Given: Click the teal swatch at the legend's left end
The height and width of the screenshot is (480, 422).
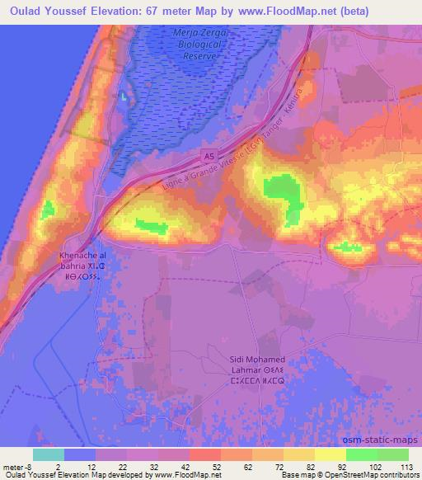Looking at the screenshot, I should point(48,454).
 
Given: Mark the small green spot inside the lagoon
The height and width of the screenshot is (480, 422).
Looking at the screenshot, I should point(124,97).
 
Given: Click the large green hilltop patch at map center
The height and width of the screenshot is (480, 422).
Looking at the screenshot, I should point(280,191).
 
